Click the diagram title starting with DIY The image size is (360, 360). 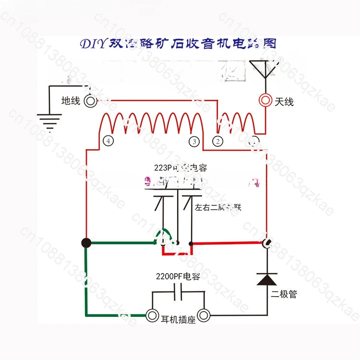[178, 44]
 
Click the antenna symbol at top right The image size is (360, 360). [264, 70]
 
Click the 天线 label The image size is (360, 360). [284, 102]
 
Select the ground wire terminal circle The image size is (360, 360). [90, 101]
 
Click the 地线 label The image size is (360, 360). [71, 101]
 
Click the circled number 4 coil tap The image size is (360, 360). [108, 141]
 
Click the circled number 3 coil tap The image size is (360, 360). [194, 141]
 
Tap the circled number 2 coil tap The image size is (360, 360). [218, 141]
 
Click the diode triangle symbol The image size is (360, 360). [267, 279]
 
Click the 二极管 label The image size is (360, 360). [284, 294]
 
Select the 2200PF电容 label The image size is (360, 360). [178, 276]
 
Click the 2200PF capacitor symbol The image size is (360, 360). [178, 291]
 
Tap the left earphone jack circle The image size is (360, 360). [153, 315]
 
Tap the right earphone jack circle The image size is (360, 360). [204, 315]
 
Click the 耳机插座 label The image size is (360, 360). [179, 320]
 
